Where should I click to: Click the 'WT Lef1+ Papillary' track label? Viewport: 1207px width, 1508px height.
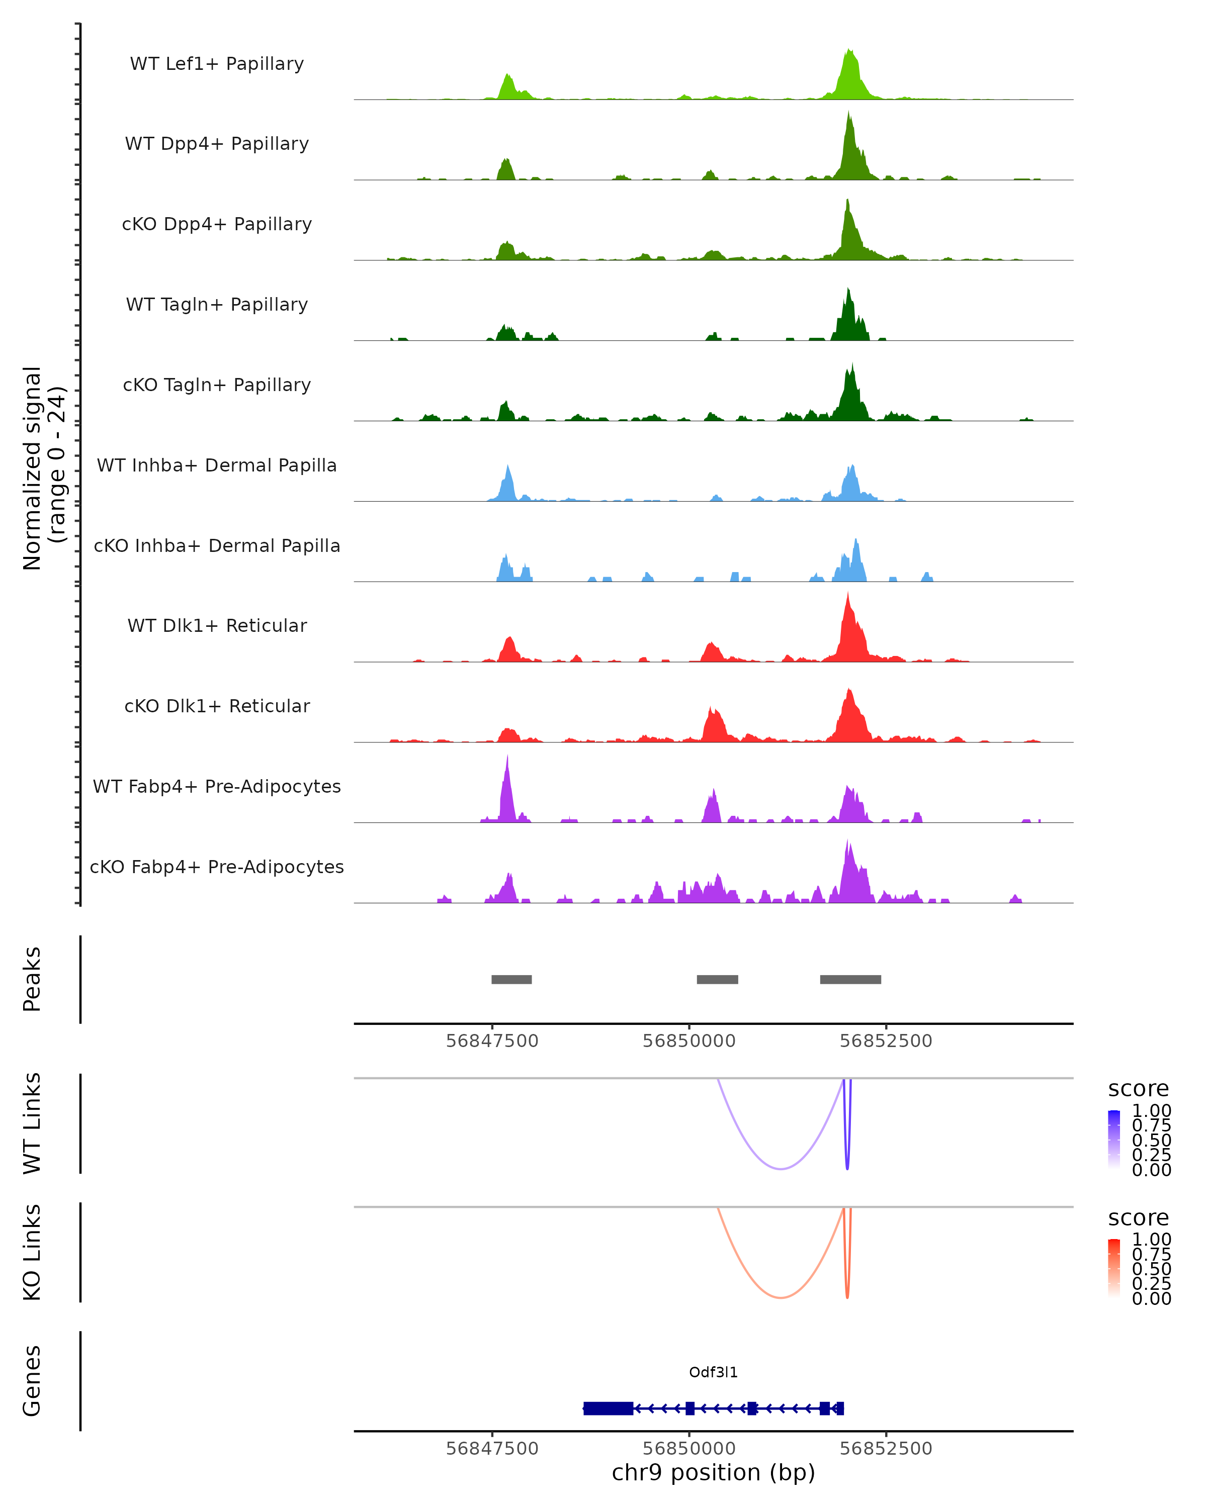[x=217, y=64]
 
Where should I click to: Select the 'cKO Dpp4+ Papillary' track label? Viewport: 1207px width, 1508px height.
[x=217, y=224]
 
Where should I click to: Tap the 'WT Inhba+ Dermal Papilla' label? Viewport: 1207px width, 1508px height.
[x=217, y=465]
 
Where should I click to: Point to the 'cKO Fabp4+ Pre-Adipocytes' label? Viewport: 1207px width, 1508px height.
[x=217, y=867]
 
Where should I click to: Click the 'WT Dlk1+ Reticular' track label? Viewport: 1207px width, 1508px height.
[x=217, y=625]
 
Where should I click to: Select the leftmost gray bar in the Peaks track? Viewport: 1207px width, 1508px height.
[x=511, y=979]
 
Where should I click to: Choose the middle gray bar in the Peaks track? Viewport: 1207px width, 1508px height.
[x=717, y=979]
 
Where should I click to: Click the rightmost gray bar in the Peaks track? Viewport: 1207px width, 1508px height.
[x=850, y=979]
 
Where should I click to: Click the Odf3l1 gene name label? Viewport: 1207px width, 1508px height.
[x=713, y=1372]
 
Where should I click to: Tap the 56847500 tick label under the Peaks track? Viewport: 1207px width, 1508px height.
[x=492, y=1041]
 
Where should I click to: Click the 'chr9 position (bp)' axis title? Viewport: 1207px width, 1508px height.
[x=713, y=1473]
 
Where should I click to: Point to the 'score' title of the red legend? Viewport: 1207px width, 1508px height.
[x=1138, y=1218]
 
